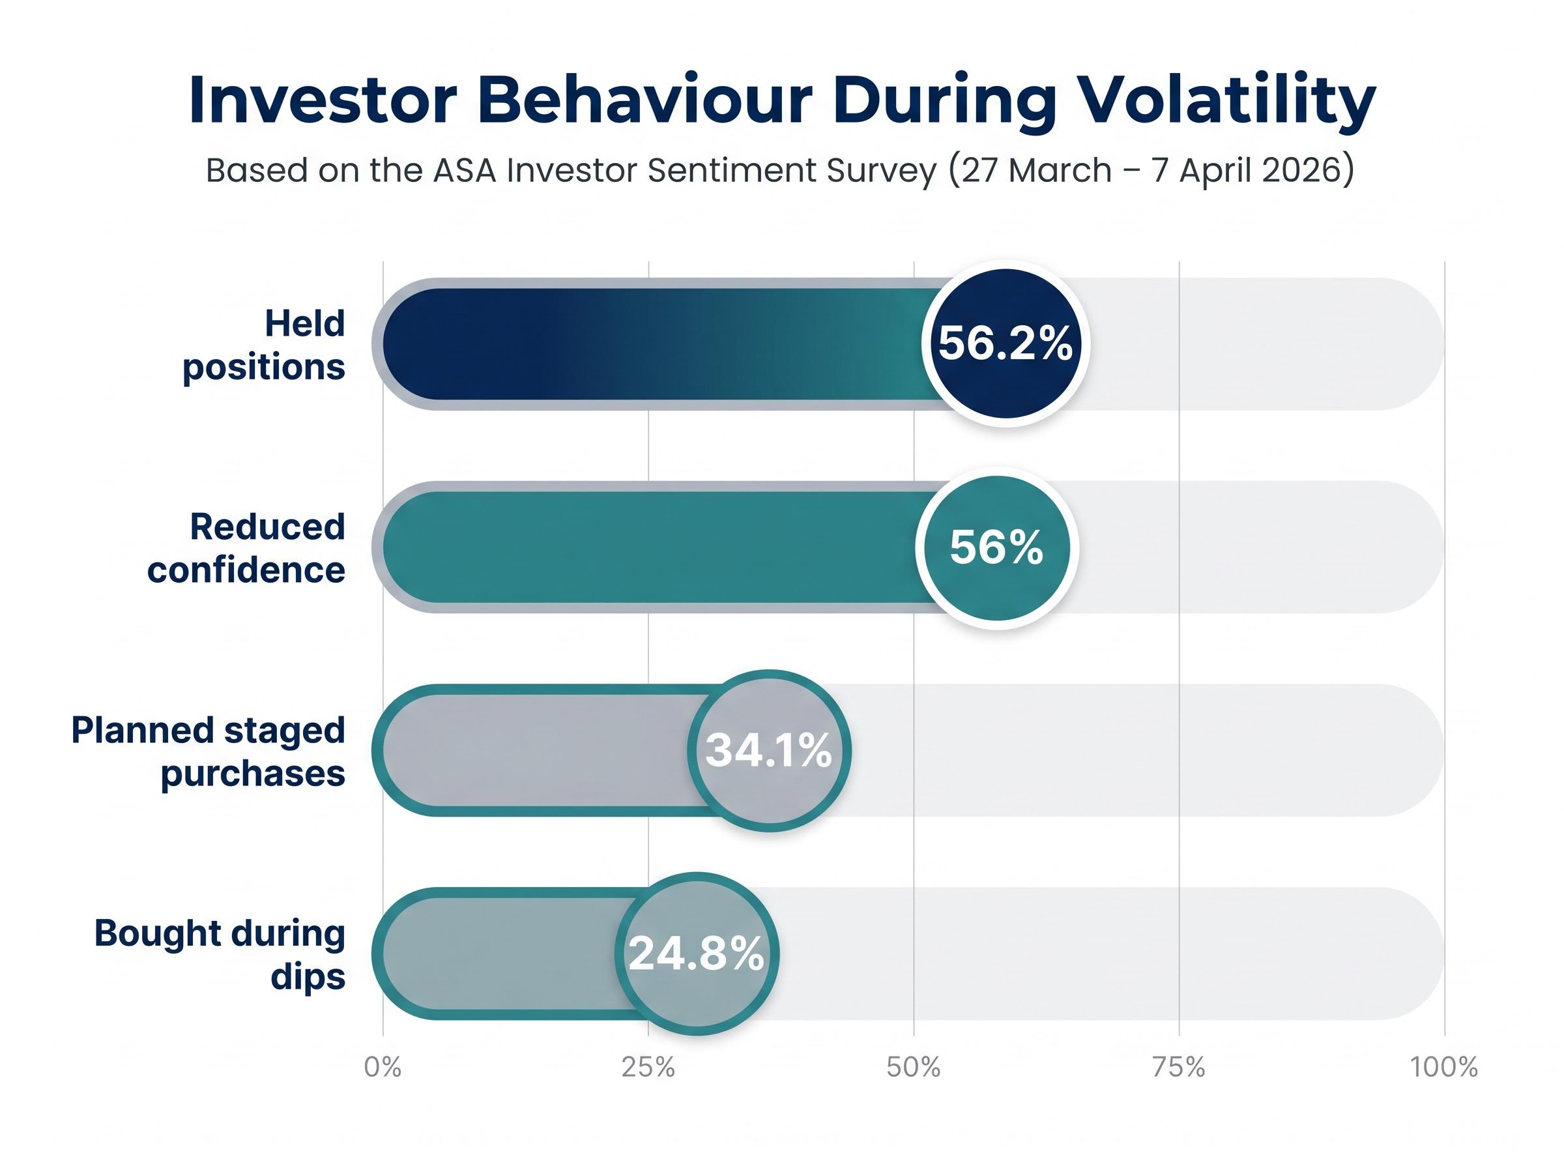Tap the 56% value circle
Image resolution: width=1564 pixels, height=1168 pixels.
(x=996, y=547)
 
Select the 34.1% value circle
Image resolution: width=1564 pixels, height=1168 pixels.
(x=769, y=750)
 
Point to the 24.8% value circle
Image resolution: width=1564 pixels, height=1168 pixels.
(x=696, y=953)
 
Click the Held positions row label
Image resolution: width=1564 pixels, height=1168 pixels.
(x=264, y=345)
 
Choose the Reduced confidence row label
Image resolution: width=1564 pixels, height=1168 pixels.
(x=246, y=548)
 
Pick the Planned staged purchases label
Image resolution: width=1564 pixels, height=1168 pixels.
(x=208, y=751)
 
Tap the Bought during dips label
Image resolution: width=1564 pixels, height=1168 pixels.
(x=220, y=954)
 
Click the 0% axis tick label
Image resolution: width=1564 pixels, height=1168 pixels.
(x=383, y=1067)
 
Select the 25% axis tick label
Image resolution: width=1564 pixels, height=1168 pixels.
(x=648, y=1067)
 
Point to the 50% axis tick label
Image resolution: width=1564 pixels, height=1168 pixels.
(x=913, y=1067)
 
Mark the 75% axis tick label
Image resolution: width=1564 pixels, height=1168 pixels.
(x=1178, y=1067)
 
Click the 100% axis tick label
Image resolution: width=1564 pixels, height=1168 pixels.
(x=1444, y=1067)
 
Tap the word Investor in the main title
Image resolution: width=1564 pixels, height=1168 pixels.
(x=323, y=100)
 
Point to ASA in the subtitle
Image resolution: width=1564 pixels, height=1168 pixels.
(x=465, y=170)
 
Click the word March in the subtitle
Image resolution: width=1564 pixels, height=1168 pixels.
(x=1060, y=170)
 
